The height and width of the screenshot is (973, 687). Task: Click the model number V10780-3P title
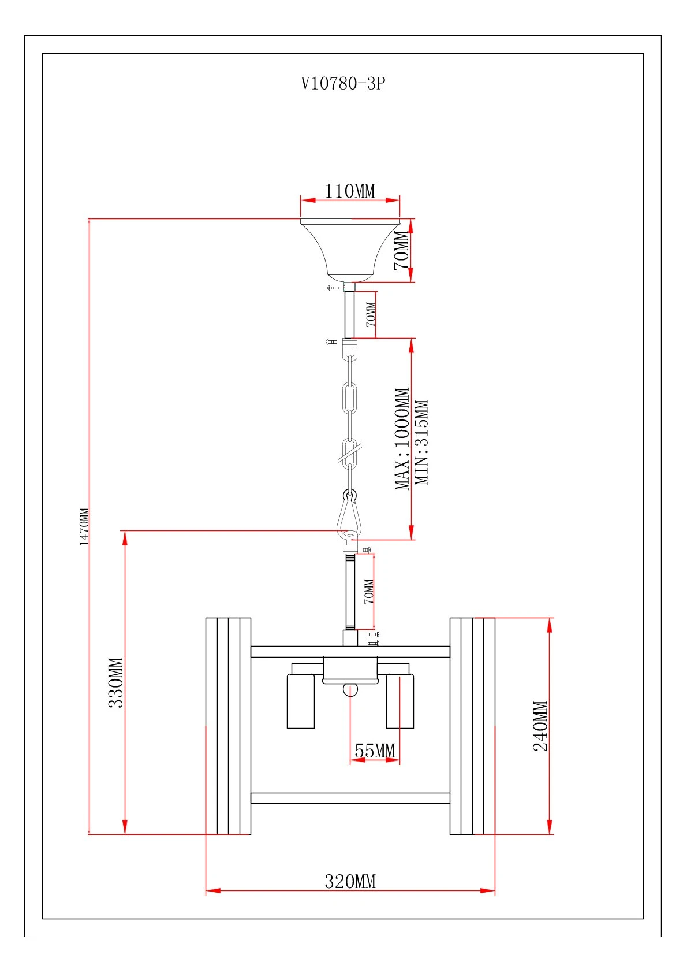click(x=343, y=83)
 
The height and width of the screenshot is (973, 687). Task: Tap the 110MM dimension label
click(x=350, y=191)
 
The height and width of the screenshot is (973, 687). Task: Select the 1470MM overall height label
click(x=84, y=526)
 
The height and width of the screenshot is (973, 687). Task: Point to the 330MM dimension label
click(x=116, y=682)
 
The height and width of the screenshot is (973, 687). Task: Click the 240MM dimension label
click(x=540, y=726)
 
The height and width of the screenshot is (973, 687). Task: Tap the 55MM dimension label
click(x=375, y=750)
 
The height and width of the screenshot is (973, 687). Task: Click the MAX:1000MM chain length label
click(x=402, y=439)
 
